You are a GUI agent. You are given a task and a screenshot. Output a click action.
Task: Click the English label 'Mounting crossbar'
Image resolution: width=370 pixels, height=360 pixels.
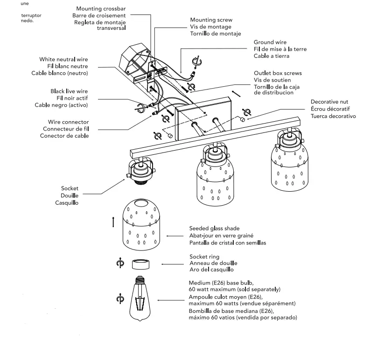coord(101,9)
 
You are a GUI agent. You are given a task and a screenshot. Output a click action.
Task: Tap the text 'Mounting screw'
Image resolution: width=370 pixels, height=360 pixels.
coord(211,20)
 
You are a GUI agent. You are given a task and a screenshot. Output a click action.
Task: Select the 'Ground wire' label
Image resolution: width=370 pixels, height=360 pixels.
coord(270,42)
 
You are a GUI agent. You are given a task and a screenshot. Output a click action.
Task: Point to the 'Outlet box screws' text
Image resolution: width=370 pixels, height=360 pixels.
coord(278,73)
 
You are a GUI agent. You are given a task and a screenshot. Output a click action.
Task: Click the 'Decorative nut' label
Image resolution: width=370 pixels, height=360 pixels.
coord(329,102)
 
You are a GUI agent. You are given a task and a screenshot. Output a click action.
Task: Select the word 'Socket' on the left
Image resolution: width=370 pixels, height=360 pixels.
coord(70,188)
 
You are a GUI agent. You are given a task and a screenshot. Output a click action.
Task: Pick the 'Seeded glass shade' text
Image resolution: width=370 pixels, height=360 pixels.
coord(214,228)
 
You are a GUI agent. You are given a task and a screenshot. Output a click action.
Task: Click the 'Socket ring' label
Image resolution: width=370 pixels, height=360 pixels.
coord(204,256)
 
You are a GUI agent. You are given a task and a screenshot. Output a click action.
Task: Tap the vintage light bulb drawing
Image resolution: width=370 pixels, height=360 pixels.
coord(140,298)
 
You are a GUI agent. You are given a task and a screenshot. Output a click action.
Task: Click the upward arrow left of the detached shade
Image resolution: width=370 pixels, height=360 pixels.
coord(113,222)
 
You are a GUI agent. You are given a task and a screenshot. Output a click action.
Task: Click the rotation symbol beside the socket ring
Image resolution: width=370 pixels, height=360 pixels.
coord(120,264)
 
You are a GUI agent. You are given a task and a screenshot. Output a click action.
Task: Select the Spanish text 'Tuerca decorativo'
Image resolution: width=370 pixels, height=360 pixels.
coord(333,116)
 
